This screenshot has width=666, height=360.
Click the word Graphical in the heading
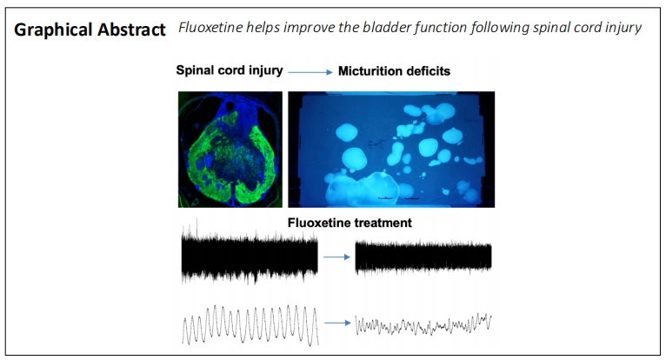[x=53, y=30]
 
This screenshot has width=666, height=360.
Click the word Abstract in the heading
[x=131, y=30]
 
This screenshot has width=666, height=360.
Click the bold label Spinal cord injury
[x=230, y=70]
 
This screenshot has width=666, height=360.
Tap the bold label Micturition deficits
[x=394, y=71]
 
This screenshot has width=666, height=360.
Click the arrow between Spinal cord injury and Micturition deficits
[x=310, y=72]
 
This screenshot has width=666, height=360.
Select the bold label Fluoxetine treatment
[x=350, y=223]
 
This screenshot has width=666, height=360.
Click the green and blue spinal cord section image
[x=230, y=150]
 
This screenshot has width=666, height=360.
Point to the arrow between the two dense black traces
[x=336, y=257]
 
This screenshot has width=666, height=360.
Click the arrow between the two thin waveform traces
[x=337, y=323]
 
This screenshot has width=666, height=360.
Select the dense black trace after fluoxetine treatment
[x=423, y=257]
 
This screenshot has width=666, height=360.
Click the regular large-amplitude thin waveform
[x=250, y=324]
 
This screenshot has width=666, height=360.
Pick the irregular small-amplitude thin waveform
[x=423, y=325]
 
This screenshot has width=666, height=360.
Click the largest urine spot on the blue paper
[x=362, y=189]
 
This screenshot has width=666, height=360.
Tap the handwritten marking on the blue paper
[x=374, y=143]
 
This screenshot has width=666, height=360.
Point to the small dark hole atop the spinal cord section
[x=230, y=105]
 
